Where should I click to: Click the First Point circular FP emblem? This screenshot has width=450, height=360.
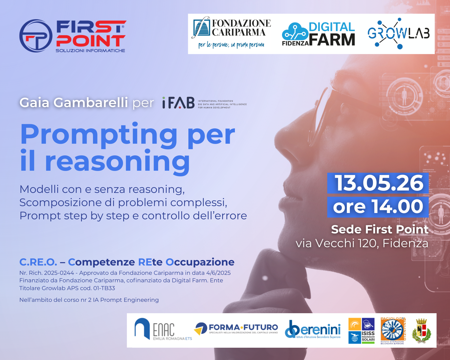tap(36, 36)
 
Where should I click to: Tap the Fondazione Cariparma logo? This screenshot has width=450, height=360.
tap(231, 33)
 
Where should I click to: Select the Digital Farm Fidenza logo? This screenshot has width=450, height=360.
tap(318, 34)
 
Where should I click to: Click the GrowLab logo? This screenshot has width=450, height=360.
tap(399, 34)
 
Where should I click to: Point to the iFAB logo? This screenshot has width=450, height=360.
tap(178, 103)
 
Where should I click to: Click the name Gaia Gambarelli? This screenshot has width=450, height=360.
tap(74, 103)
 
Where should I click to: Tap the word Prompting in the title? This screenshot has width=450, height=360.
tap(99, 135)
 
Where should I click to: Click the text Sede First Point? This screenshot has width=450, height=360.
tap(379, 229)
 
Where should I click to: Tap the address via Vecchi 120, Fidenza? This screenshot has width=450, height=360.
tap(362, 243)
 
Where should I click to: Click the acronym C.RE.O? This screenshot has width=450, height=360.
tap(38, 262)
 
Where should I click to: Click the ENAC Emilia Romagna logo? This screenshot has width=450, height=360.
tap(162, 330)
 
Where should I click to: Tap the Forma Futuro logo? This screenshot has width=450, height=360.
tap(236, 329)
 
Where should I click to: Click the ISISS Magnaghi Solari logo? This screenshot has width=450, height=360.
tap(361, 330)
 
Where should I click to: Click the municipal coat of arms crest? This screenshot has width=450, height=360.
tap(421, 331)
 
